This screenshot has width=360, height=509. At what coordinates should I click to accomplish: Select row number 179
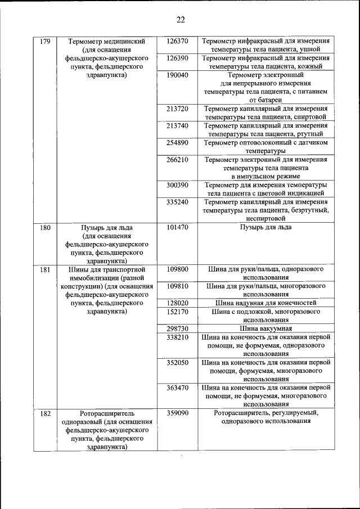click(46, 42)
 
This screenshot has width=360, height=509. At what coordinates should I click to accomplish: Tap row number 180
click(46, 228)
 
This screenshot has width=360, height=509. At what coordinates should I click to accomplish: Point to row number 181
click(46, 269)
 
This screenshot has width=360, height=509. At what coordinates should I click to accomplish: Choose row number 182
click(46, 413)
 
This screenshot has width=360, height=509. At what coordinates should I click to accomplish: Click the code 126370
click(177, 42)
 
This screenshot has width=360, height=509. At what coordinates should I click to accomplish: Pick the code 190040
click(177, 74)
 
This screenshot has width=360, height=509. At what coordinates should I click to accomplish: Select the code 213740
click(177, 125)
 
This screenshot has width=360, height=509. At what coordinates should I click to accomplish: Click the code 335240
click(177, 201)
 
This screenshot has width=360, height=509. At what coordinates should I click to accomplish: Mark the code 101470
click(177, 228)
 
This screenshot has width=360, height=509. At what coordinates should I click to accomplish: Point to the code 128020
click(177, 303)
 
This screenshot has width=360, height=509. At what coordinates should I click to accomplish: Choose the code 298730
click(177, 328)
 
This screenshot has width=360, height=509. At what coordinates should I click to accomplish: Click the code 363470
click(177, 387)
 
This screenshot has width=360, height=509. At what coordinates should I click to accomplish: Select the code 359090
click(177, 413)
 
